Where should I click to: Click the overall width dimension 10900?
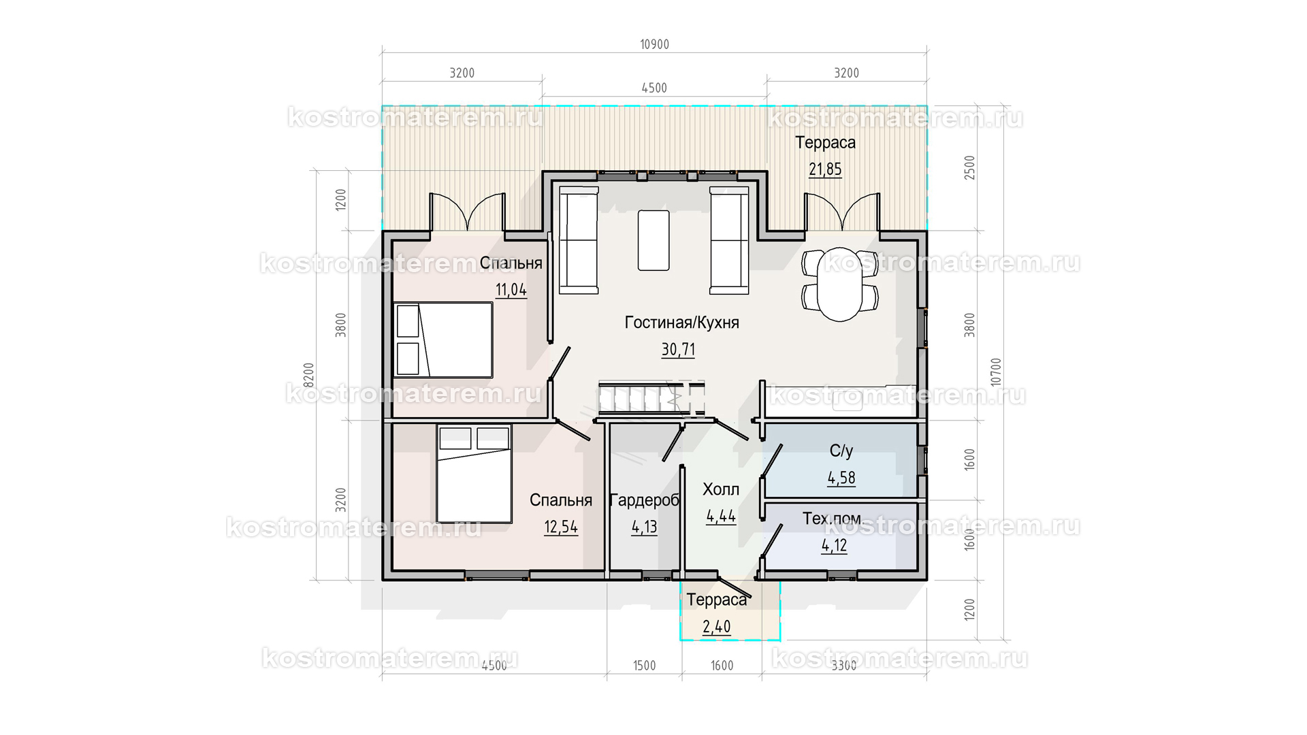(x=654, y=45)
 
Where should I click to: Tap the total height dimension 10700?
(x=997, y=372)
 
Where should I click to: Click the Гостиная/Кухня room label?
(x=681, y=323)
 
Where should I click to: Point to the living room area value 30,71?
(x=678, y=350)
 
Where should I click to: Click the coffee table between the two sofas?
(x=653, y=240)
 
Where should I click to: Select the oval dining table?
(x=840, y=284)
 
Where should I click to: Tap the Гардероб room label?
(x=644, y=501)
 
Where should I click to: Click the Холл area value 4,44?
(x=721, y=517)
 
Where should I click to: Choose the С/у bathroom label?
(x=841, y=451)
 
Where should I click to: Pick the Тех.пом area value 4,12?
(x=835, y=546)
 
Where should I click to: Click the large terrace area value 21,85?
(x=825, y=169)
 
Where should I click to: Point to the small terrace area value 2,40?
(x=717, y=627)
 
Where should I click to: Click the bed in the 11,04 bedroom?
(x=443, y=340)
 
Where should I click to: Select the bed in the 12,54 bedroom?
(x=474, y=474)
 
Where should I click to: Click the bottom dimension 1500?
(x=644, y=666)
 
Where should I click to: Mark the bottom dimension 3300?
(x=844, y=666)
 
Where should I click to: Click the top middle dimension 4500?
(x=654, y=88)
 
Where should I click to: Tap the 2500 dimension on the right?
(x=970, y=167)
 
